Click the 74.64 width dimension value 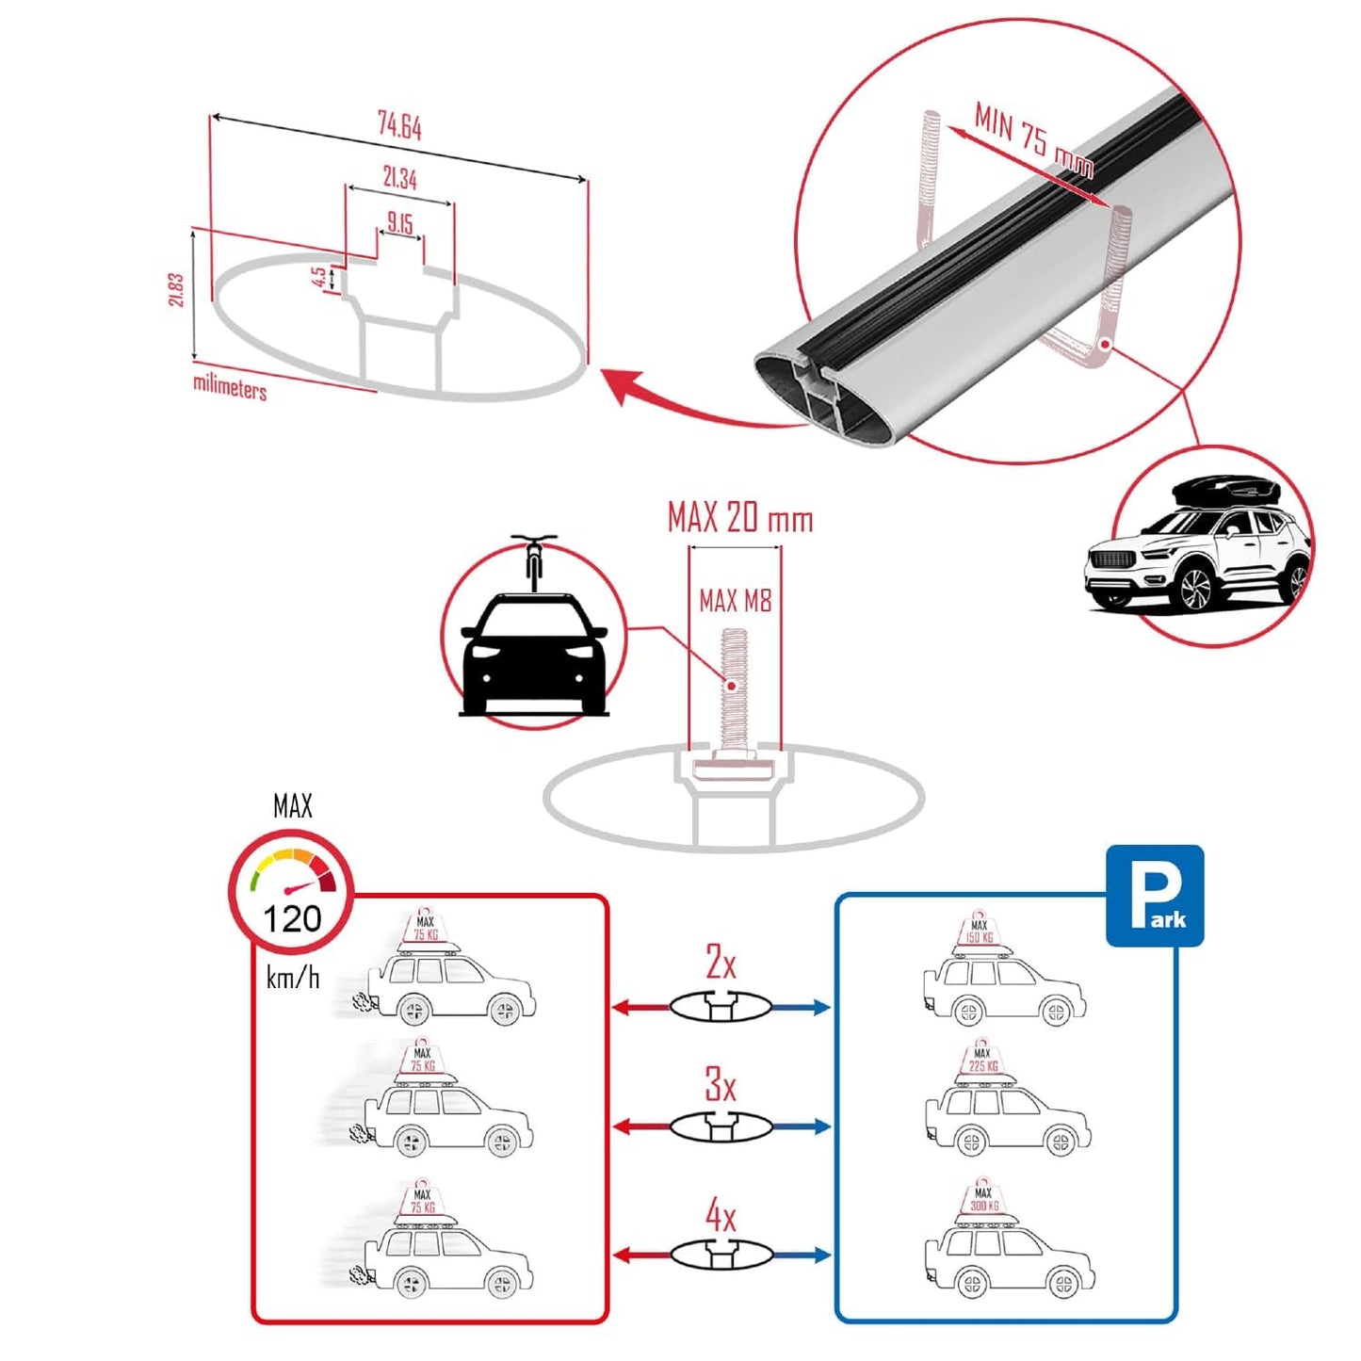(399, 125)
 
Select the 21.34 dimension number (399, 177)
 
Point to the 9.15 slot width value (400, 223)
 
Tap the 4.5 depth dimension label (319, 277)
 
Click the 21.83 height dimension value (175, 290)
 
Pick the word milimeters (230, 386)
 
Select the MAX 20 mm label (739, 518)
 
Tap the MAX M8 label (735, 600)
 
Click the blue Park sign (1154, 895)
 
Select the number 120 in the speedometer (292, 918)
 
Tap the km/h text (292, 978)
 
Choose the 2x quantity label (721, 963)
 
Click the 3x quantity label (721, 1085)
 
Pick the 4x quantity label (721, 1216)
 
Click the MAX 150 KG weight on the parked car (980, 932)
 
